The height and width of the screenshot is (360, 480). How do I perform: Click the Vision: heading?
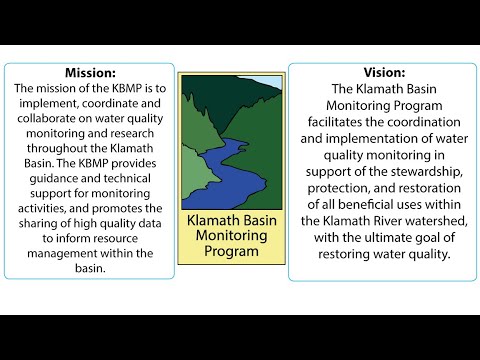(x=380, y=73)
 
